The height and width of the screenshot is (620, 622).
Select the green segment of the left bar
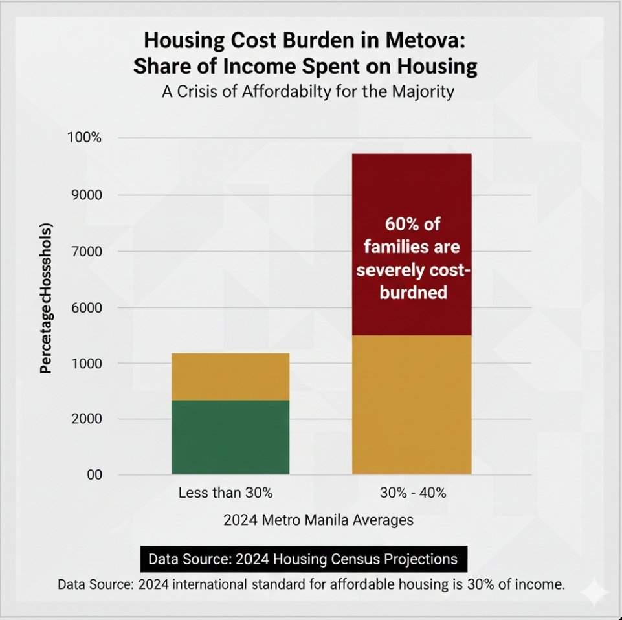(x=230, y=437)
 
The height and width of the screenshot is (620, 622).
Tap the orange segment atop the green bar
(x=230, y=377)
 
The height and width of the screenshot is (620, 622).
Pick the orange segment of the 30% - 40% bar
(x=412, y=404)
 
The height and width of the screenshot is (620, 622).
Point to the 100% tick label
(x=84, y=138)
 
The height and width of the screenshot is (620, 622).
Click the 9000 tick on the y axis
(x=87, y=195)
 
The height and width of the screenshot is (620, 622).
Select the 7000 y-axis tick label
(x=87, y=251)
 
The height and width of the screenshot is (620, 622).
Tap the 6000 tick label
(x=87, y=307)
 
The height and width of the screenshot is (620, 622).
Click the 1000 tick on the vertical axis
(x=87, y=364)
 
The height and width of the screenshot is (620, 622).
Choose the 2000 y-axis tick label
(x=87, y=419)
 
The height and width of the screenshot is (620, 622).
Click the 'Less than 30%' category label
(x=225, y=493)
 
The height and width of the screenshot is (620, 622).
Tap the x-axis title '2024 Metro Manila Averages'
(x=318, y=520)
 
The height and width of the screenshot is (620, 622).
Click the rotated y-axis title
(x=47, y=298)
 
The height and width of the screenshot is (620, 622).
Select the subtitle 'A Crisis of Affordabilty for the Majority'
(x=307, y=92)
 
